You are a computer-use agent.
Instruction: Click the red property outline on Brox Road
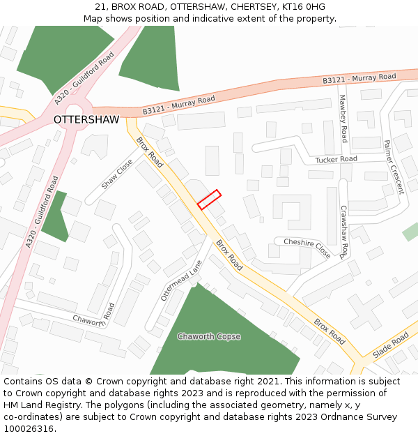(x=209, y=200)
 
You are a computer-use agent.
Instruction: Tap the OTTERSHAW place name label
(x=86, y=119)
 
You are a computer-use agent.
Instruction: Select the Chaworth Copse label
(x=209, y=336)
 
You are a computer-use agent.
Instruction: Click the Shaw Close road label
(x=117, y=174)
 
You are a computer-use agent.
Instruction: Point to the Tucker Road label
(x=336, y=159)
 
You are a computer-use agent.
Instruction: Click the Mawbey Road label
(x=343, y=119)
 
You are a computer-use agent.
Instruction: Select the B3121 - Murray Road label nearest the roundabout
(x=179, y=105)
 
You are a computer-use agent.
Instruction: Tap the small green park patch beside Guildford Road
(x=55, y=216)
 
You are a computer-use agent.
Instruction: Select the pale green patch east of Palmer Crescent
(x=410, y=232)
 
